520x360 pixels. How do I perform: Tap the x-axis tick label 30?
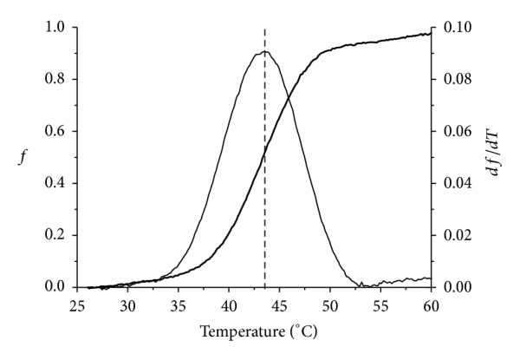coord(127,306)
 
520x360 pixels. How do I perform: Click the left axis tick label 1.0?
coord(55,28)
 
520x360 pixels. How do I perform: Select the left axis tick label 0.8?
coord(55,80)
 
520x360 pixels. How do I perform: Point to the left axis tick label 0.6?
coord(55,132)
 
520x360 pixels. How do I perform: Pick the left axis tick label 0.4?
coord(55,184)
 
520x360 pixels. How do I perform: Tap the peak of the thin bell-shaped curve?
coord(264,51)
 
